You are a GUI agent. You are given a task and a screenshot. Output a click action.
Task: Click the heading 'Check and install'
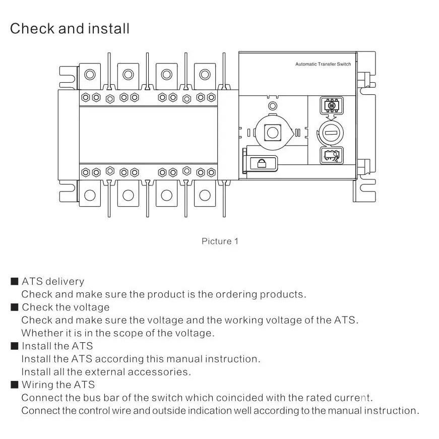click(x=70, y=29)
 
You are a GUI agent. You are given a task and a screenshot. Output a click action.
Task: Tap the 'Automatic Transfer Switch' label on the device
click(x=323, y=64)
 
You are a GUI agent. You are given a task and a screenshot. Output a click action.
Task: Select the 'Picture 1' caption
click(x=220, y=241)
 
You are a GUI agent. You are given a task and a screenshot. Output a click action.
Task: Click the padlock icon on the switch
click(x=262, y=163)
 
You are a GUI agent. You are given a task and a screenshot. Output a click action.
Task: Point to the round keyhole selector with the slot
click(x=331, y=133)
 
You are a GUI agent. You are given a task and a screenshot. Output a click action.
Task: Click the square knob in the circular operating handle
click(x=273, y=133)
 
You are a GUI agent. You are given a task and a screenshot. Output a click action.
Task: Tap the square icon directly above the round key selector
click(x=332, y=105)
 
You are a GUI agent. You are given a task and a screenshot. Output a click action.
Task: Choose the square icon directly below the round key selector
click(x=332, y=155)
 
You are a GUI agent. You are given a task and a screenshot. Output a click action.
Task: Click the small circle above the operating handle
click(x=273, y=106)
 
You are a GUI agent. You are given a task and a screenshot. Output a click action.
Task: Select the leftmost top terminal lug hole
click(x=90, y=75)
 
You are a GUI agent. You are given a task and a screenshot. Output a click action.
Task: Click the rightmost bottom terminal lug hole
click(x=205, y=196)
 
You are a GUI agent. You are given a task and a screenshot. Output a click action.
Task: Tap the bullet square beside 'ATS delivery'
click(x=14, y=281)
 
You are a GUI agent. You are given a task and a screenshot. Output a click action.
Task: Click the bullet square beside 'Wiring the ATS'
click(x=14, y=385)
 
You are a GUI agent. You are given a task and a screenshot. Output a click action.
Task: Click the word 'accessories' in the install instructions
click(x=158, y=372)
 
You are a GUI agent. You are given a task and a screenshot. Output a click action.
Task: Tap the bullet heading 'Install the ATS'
click(x=57, y=346)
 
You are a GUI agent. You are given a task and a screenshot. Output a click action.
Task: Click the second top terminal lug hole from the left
click(x=128, y=75)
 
